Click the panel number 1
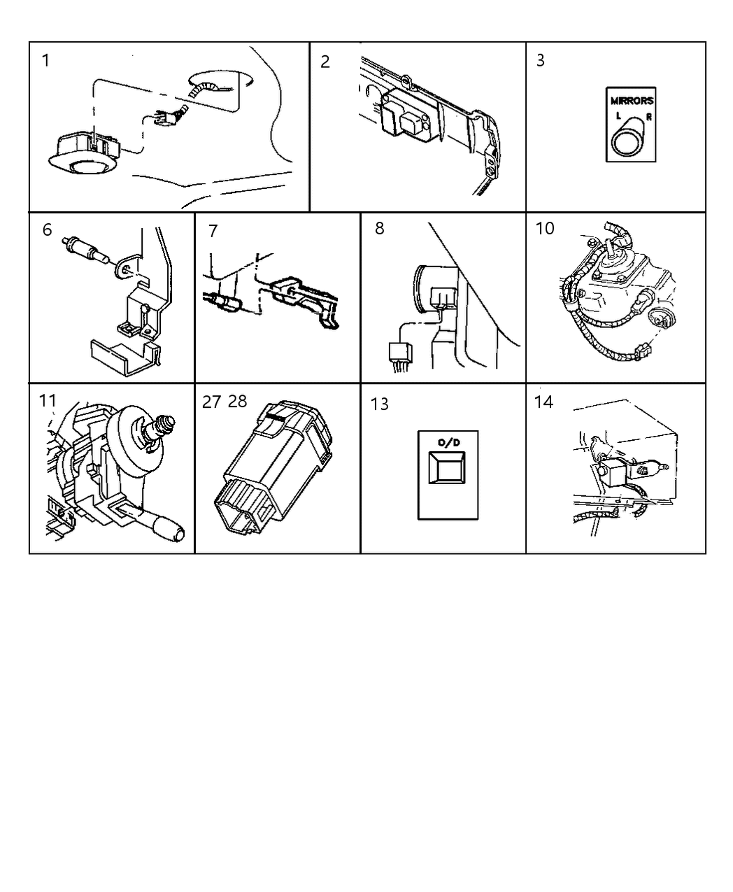[46, 61]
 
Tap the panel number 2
[325, 62]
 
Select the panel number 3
[540, 61]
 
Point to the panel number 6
[47, 229]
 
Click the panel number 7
[213, 231]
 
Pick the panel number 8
[379, 229]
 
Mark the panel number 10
[545, 229]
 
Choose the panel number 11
[48, 401]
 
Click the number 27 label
[212, 402]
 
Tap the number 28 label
[238, 402]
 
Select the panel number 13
[379, 404]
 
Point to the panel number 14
[543, 402]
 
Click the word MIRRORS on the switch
[631, 101]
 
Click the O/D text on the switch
[448, 442]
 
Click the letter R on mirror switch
[648, 117]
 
